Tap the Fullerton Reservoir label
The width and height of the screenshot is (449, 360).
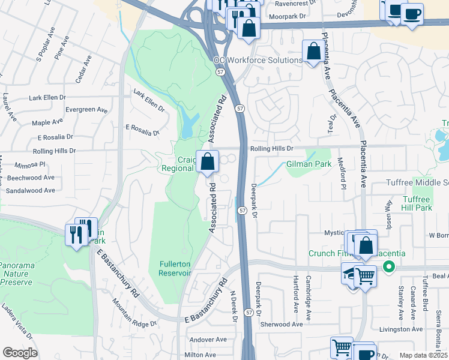tap(175, 268)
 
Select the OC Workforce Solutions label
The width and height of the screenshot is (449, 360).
tap(258, 61)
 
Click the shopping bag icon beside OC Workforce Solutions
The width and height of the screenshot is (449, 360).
tap(313, 52)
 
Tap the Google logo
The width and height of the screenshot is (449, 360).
tap(20, 352)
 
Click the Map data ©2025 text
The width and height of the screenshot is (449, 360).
tap(423, 355)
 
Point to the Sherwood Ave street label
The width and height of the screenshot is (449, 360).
tap(282, 324)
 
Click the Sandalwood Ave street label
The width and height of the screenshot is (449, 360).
tap(31, 190)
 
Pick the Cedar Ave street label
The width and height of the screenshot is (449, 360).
tap(83, 69)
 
